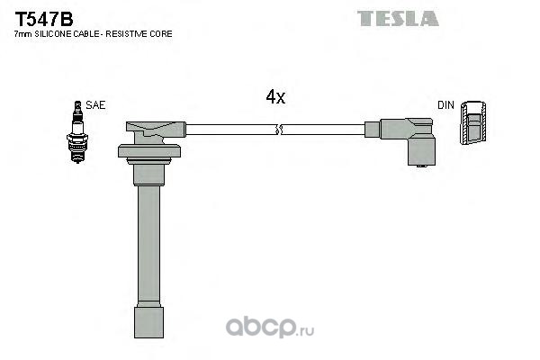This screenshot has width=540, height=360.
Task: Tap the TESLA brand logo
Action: [x=397, y=18]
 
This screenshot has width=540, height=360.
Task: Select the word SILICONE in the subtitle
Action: [x=57, y=33]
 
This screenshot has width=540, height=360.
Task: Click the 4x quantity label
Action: [x=275, y=97]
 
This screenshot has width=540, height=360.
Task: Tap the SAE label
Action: [x=96, y=105]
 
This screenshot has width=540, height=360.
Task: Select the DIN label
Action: [x=445, y=105]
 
